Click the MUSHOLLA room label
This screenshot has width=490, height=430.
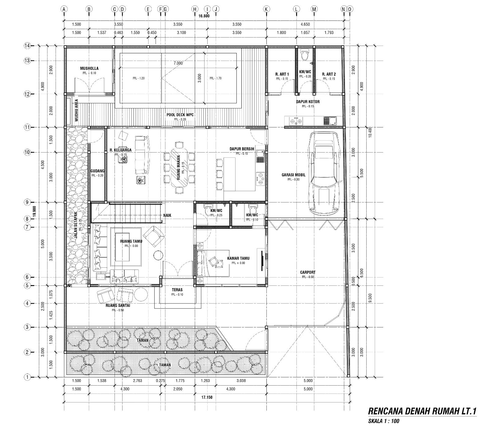(89, 68)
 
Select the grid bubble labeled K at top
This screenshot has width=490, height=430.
(266, 9)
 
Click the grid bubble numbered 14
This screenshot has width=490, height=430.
(27, 46)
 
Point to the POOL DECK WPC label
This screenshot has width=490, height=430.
(180, 115)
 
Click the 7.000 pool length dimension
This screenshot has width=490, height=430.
(178, 63)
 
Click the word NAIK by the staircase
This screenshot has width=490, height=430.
(167, 215)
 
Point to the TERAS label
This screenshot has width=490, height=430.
(177, 289)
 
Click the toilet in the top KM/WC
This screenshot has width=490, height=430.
(304, 55)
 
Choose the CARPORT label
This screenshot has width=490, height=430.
(307, 272)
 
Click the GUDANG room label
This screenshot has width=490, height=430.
(97, 171)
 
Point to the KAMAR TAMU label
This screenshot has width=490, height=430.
(238, 258)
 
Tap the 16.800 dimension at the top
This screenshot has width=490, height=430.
(204, 16)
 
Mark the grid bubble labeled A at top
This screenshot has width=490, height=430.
(64, 9)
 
